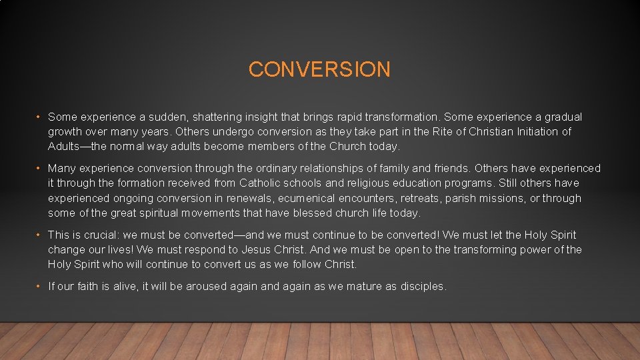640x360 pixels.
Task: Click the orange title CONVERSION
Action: pos(319,69)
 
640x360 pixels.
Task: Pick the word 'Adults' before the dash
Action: pos(65,147)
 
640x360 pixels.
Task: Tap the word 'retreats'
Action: pos(420,199)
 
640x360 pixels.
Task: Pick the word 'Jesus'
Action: pos(271,250)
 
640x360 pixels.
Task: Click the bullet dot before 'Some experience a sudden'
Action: pos(40,117)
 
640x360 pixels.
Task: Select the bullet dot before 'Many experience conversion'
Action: pos(40,169)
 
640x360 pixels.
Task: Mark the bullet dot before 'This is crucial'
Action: pos(40,235)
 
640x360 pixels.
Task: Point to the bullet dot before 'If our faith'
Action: pos(40,287)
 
